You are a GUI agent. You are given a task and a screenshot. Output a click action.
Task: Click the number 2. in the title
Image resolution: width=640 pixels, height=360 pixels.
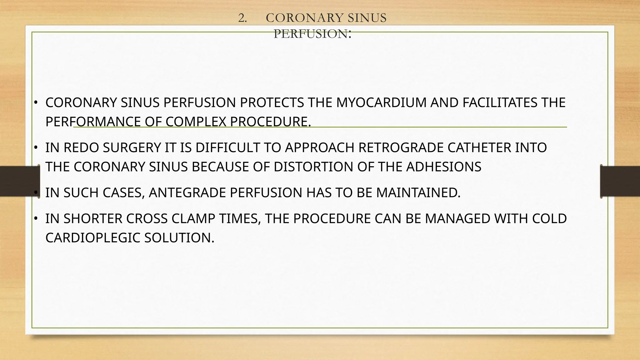pos(242,18)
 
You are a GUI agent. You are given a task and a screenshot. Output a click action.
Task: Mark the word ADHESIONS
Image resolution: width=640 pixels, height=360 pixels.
pos(444,167)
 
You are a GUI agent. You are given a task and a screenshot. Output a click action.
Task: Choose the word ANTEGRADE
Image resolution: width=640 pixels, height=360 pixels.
pos(187,193)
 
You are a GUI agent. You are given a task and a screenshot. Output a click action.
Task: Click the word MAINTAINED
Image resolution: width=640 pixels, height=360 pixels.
pos(418,193)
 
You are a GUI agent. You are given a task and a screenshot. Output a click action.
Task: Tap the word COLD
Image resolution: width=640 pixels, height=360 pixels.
pos(549,219)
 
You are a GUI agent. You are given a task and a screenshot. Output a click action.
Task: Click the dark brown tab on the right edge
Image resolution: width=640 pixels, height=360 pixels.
pos(620,181)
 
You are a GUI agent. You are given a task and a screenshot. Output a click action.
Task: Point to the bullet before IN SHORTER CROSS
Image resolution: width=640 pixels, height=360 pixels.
pos(36,218)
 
